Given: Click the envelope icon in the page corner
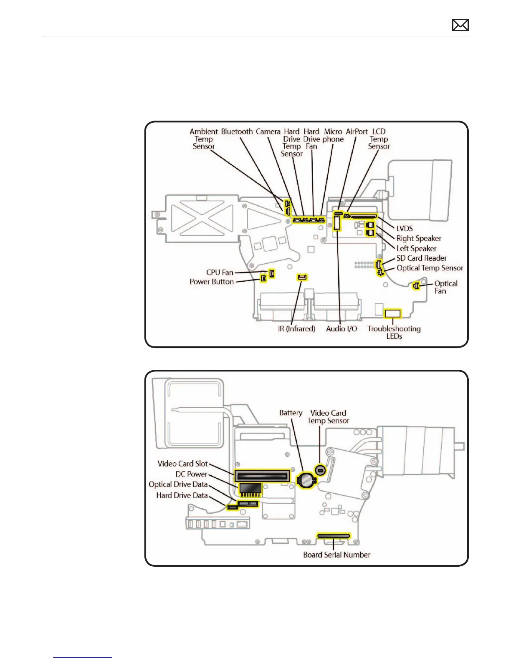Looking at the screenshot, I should [460, 25].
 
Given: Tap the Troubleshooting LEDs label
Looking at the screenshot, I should [394, 332].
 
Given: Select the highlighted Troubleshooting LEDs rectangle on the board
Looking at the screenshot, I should [392, 313].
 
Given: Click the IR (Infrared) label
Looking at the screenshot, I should [296, 329].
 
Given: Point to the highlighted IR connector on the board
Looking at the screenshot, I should [302, 277].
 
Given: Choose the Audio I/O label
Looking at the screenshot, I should [342, 329].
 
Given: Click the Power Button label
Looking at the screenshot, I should [212, 282].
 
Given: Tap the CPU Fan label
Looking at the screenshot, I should [220, 272].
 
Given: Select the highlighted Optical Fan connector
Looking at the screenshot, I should [416, 286].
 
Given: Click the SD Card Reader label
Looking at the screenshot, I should [421, 258].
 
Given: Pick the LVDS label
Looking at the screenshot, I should [405, 228].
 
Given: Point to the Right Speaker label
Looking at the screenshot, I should [419, 238].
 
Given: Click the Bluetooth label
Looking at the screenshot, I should [237, 131].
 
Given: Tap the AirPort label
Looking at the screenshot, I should [357, 131].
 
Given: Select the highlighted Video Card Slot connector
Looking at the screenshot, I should [262, 475].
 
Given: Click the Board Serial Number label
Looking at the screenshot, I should [336, 555].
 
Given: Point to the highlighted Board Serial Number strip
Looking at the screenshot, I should [333, 536].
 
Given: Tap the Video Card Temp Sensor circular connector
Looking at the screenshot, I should [320, 470].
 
